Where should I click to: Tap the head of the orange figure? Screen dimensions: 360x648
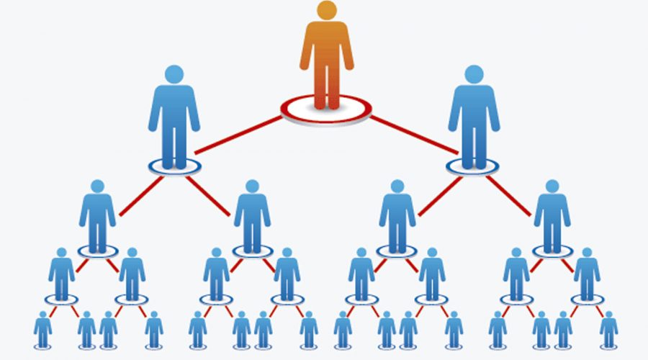click(326, 11)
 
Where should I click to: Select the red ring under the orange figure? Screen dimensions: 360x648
click(326, 110)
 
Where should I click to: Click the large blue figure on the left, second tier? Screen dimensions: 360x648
click(174, 119)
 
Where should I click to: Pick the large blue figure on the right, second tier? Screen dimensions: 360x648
click(474, 119)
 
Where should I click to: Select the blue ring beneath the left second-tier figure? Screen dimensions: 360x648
click(174, 166)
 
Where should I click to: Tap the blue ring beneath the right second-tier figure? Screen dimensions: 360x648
click(474, 166)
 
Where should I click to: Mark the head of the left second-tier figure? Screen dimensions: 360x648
click(174, 74)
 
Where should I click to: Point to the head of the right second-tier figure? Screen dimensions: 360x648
click(474, 74)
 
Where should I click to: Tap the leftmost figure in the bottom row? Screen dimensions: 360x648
click(42, 330)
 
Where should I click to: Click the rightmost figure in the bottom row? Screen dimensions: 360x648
click(609, 330)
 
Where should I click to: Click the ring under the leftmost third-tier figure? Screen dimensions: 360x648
click(97, 251)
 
